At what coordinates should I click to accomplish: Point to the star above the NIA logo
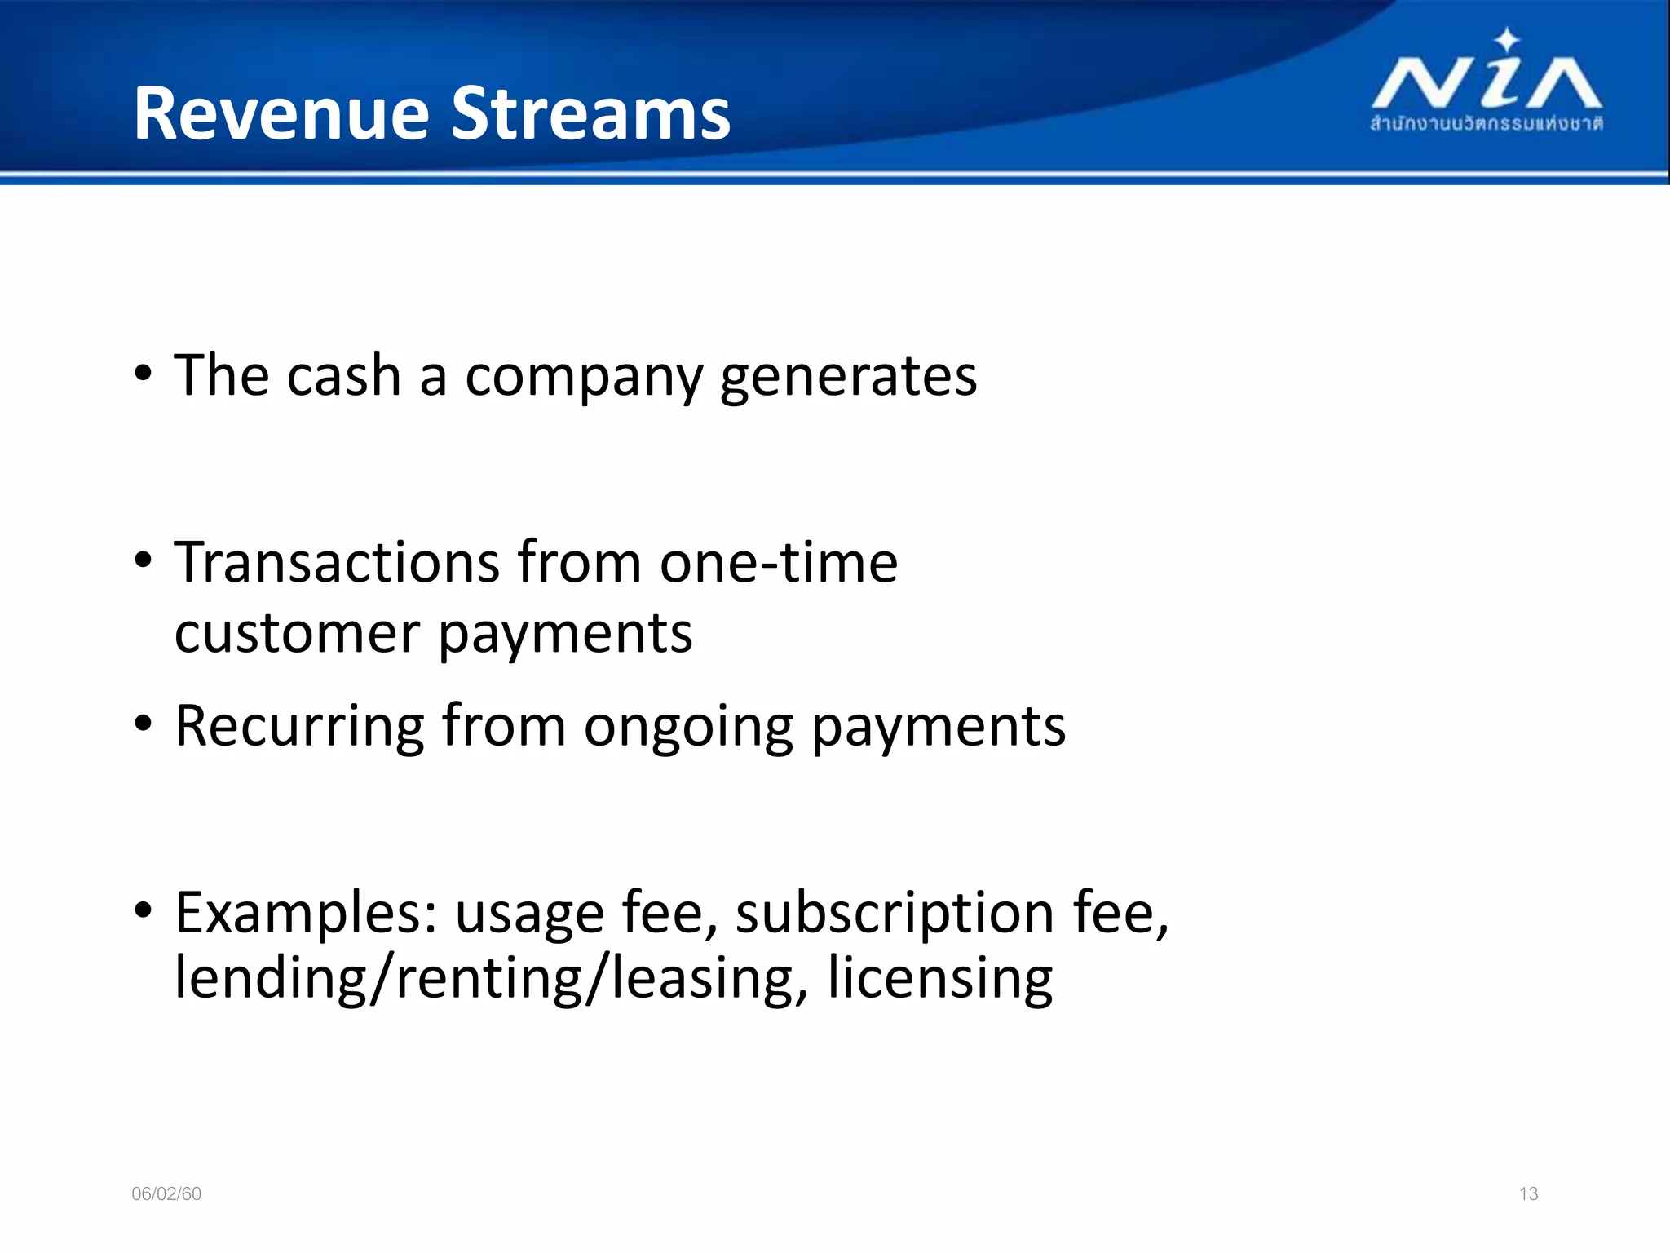tap(1507, 39)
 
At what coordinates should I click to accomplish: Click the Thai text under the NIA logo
tap(1486, 124)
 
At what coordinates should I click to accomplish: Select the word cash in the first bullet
tap(343, 376)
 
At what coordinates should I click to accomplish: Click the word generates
tap(848, 378)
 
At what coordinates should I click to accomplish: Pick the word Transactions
tap(337, 563)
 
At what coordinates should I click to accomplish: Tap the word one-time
tap(779, 563)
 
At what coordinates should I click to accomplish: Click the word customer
tap(297, 634)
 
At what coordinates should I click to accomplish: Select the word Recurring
tap(299, 726)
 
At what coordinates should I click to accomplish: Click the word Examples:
tap(307, 913)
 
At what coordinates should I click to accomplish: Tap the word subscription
tap(895, 913)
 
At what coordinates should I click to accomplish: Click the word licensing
tap(939, 978)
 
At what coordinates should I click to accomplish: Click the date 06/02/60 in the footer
tap(166, 1194)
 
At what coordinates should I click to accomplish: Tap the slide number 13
tap(1528, 1194)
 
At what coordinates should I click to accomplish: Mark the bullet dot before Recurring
tap(144, 723)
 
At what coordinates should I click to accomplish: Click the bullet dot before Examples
tap(144, 910)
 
